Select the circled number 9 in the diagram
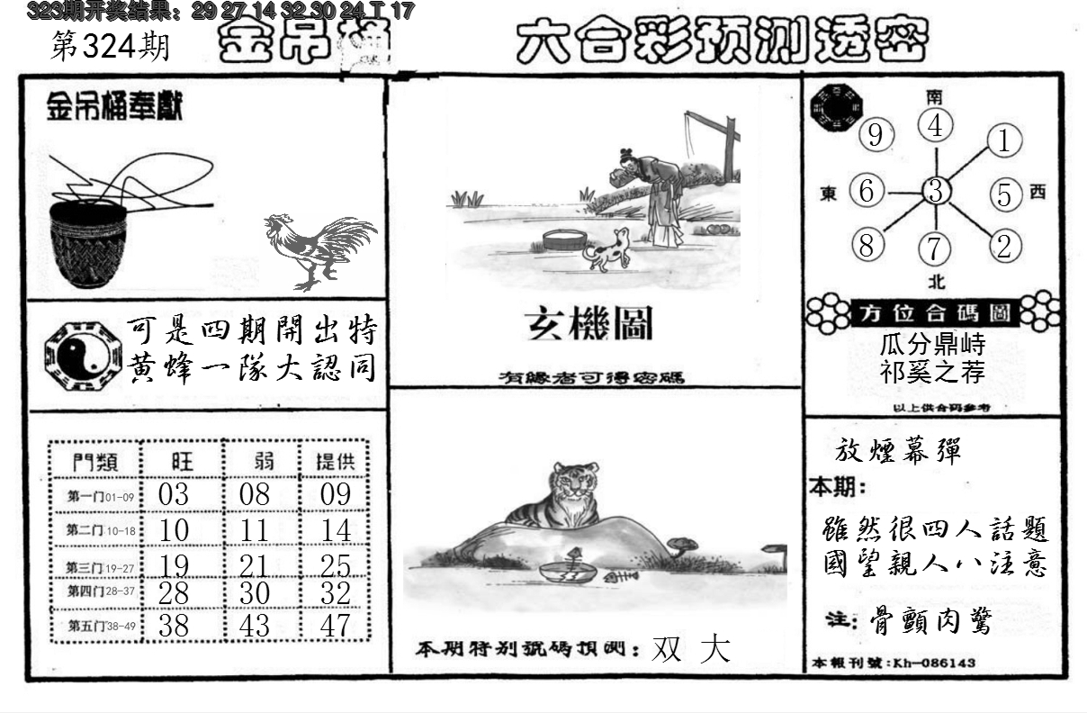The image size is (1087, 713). pyautogui.click(x=875, y=137)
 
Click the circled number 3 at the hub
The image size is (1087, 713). pyautogui.click(x=936, y=192)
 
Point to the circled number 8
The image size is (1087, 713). pyautogui.click(x=867, y=245)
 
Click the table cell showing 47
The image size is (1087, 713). pyautogui.click(x=336, y=625)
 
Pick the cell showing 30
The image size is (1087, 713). pyautogui.click(x=254, y=594)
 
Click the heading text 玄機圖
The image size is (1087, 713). pyautogui.click(x=588, y=324)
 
